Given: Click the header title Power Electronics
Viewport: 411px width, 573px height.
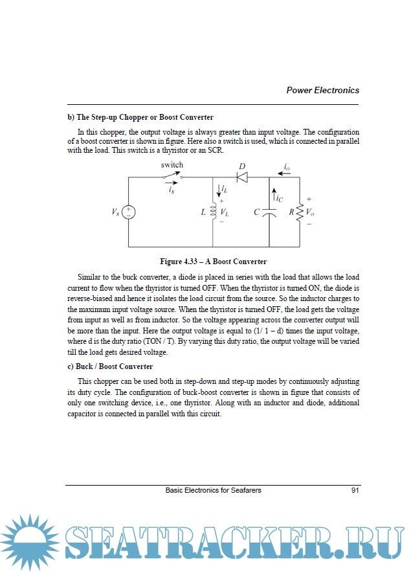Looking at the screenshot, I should point(322,91).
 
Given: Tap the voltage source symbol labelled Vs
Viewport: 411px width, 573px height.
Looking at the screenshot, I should point(128,212).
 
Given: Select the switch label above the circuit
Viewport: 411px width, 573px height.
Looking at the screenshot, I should point(172,165).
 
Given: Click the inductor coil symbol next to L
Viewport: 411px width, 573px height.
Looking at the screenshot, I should point(213,212).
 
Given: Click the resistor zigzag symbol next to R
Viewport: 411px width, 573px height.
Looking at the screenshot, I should point(300,212).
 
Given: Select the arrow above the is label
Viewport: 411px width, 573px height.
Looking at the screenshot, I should point(171,183).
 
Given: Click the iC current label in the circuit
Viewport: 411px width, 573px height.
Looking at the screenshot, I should point(278,199).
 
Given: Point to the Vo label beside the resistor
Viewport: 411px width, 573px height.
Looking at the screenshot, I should point(311,212).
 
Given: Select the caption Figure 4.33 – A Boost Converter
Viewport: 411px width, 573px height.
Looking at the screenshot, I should point(213,262).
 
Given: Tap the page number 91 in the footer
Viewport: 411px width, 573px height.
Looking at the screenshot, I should point(355,491).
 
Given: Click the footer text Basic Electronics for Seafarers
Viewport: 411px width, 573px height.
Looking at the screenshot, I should point(213,491).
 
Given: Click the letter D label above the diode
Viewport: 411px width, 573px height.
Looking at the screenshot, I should point(242,166).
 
